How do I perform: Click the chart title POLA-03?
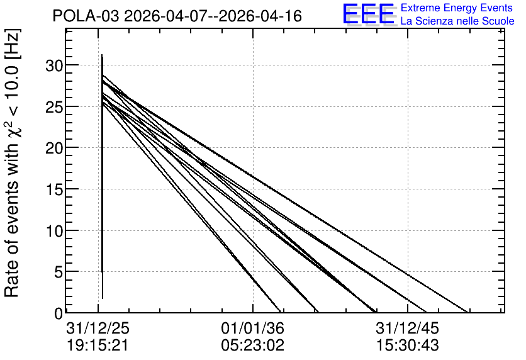86,16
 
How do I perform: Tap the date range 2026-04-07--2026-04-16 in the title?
213,16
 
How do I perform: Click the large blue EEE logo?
369,14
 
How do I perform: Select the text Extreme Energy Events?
457,8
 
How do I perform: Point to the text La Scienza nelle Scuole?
457,21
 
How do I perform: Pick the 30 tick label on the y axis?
54,65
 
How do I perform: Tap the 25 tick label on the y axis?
54,107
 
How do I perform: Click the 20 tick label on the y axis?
54,148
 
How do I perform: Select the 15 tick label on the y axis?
54,189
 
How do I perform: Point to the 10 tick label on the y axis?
54,231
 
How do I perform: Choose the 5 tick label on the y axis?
59,272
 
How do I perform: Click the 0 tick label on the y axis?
59,313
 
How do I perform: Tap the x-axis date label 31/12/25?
98,329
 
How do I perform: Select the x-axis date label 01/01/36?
252,329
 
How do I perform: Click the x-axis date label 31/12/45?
408,329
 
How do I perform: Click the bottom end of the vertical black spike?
103,298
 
